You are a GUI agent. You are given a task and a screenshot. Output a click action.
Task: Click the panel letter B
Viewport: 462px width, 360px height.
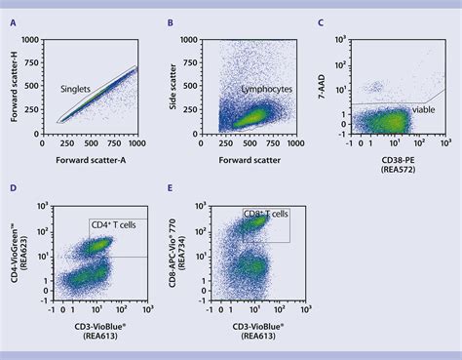(x=171, y=21)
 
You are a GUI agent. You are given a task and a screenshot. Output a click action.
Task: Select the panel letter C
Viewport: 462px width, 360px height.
(x=321, y=21)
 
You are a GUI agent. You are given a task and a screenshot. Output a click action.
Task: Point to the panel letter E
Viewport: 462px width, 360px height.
(x=171, y=186)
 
